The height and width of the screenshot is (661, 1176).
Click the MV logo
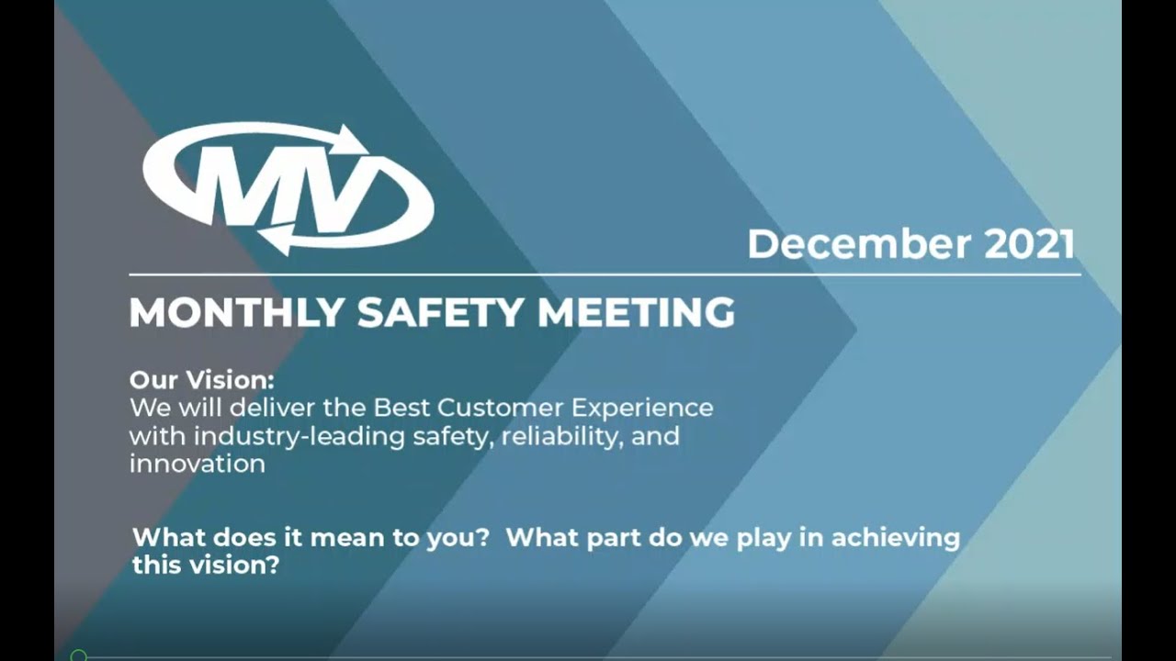click(x=288, y=188)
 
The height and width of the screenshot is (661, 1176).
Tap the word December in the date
click(x=859, y=244)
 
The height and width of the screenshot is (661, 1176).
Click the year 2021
click(x=1029, y=244)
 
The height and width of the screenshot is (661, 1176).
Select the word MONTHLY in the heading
click(x=236, y=313)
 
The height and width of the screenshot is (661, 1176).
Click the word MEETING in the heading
click(x=636, y=313)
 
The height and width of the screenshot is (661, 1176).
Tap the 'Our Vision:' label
click(x=201, y=379)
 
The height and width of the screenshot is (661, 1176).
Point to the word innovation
click(x=197, y=464)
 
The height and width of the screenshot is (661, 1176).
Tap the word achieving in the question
click(x=895, y=537)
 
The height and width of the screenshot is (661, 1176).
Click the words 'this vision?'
click(x=206, y=566)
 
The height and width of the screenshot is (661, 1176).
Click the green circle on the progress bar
click(x=79, y=655)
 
